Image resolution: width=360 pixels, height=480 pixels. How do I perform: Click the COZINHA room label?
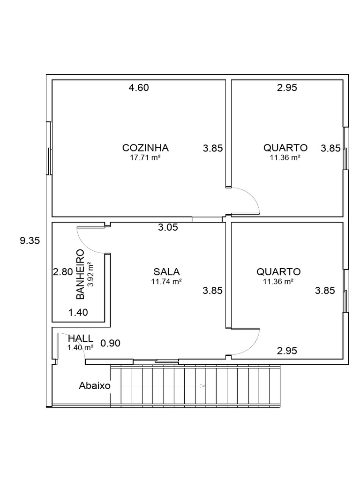point(145,148)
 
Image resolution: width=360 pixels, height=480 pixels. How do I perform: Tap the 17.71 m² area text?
point(145,158)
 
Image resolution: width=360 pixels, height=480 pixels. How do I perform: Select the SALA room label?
point(167,271)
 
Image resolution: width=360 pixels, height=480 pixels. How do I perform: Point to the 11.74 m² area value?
point(166,282)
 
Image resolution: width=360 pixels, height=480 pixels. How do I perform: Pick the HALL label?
point(80,338)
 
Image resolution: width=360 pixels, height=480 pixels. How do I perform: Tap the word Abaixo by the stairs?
point(95,386)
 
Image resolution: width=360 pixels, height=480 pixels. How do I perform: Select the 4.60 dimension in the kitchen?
point(139,88)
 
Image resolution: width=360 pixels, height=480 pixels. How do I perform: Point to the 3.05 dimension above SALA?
point(168,228)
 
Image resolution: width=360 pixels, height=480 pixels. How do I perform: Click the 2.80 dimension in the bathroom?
point(62,272)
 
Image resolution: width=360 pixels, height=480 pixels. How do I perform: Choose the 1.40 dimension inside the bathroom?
point(78,312)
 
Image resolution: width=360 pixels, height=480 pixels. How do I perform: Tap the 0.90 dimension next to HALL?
point(111,343)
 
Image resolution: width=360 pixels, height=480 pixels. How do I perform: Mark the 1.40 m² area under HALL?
point(80,347)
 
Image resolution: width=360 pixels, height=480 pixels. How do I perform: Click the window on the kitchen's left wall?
point(49,149)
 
